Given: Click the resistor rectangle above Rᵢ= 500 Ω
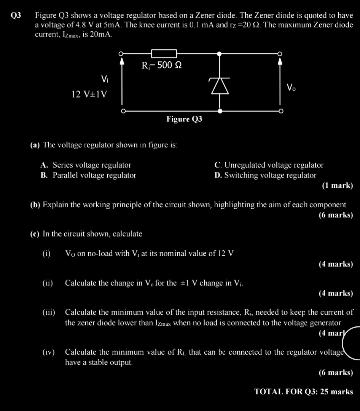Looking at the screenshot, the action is pyautogui.click(x=164, y=54).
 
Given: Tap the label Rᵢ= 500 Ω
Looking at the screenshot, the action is pyautogui.click(x=161, y=66).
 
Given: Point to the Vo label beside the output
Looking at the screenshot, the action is pyautogui.click(x=291, y=88).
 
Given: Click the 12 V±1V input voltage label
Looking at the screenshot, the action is pyautogui.click(x=90, y=94).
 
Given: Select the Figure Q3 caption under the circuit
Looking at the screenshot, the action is pyautogui.click(x=184, y=119).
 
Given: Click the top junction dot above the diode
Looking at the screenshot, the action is pyautogui.click(x=219, y=54).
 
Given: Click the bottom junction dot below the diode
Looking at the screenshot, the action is pyautogui.click(x=220, y=111).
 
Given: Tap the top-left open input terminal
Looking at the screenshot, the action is pyautogui.click(x=122, y=54).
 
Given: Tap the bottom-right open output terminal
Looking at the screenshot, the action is pyautogui.click(x=280, y=111).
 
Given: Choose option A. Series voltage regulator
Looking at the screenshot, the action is pyautogui.click(x=86, y=165).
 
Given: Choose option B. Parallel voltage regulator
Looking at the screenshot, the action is pyautogui.click(x=88, y=175).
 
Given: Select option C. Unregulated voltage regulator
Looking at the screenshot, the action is pyautogui.click(x=269, y=165).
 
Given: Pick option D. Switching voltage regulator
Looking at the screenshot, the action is pyautogui.click(x=265, y=175).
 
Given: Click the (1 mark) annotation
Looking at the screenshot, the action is pyautogui.click(x=337, y=186).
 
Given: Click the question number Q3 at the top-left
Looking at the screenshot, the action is pyautogui.click(x=16, y=16).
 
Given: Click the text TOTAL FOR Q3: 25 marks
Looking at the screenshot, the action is pyautogui.click(x=303, y=392).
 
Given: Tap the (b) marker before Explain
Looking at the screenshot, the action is pyautogui.click(x=35, y=205).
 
